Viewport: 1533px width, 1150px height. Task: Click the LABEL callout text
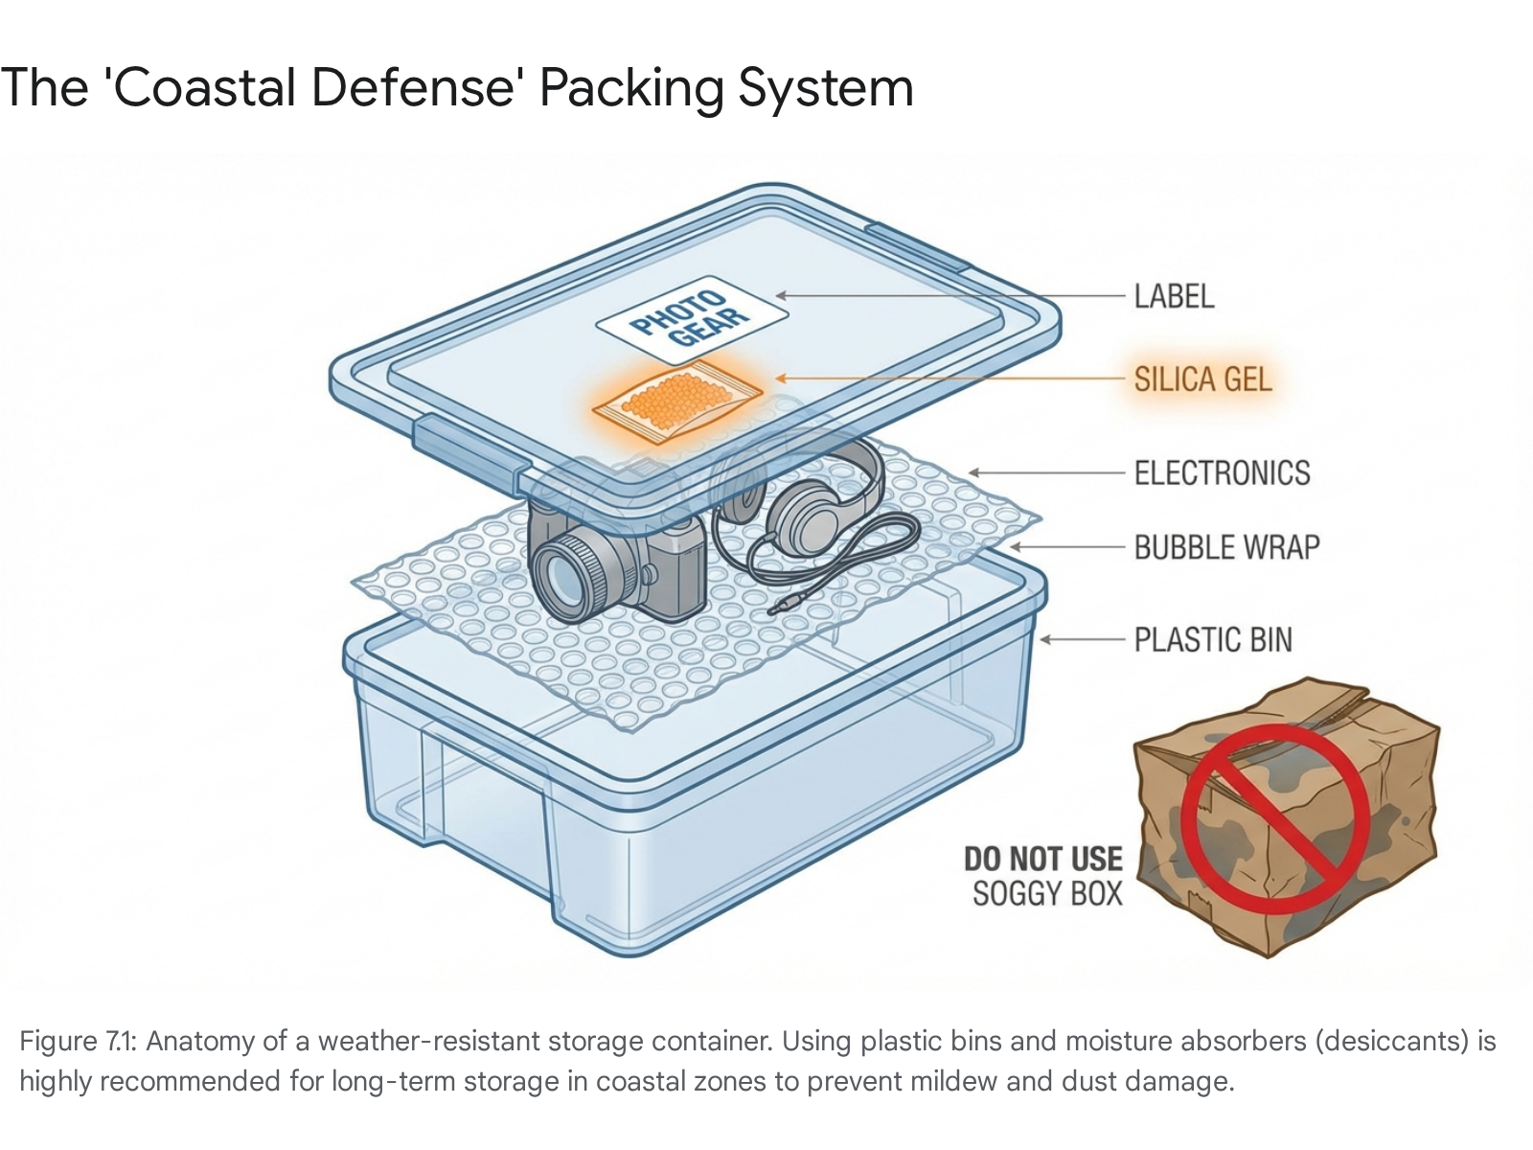coord(1174,297)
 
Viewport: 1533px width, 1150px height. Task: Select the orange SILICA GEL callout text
coord(1201,379)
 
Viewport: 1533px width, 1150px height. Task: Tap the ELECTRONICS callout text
coord(1222,472)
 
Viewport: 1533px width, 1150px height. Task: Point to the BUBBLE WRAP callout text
coord(1226,547)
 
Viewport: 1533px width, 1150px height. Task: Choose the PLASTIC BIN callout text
coord(1212,639)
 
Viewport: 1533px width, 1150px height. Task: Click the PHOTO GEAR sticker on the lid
coord(692,320)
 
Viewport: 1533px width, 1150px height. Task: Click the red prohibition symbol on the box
coord(1274,818)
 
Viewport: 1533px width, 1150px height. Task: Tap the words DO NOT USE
coord(1042,859)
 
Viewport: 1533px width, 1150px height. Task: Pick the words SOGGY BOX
coord(1047,894)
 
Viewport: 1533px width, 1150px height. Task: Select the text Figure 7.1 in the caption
coord(79,1041)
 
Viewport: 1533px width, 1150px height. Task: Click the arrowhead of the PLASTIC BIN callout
coord(1045,639)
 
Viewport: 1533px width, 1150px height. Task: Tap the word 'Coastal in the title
coord(201,88)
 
